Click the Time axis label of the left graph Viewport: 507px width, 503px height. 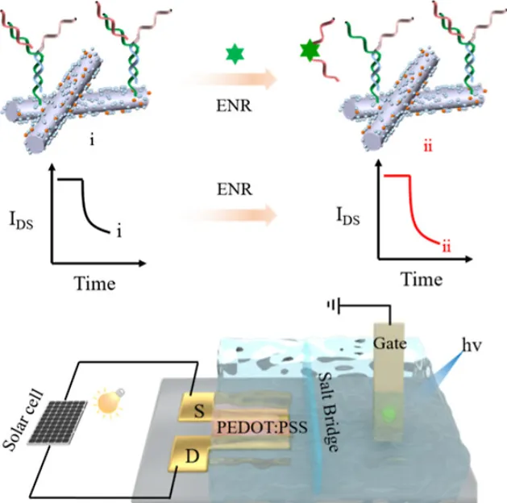pos(95,284)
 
